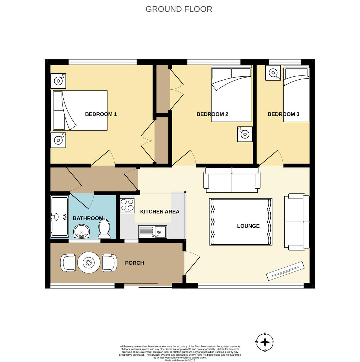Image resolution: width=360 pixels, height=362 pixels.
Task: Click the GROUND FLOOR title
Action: [x=179, y=9]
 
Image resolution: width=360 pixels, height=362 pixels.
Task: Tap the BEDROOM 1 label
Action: [x=101, y=114]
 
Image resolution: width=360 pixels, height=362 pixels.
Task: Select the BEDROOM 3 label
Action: [x=283, y=114]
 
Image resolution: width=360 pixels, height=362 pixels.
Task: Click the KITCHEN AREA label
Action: [x=160, y=212]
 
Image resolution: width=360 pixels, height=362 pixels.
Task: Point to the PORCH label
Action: [x=134, y=263]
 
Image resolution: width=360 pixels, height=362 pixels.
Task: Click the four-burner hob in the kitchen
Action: [x=127, y=205]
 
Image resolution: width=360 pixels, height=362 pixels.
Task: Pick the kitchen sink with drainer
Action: [x=152, y=232]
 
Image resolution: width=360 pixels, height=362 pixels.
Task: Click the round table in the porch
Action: [x=89, y=263]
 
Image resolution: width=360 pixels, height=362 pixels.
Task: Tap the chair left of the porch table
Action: [x=68, y=263]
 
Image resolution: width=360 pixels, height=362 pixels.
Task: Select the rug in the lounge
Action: [x=241, y=222]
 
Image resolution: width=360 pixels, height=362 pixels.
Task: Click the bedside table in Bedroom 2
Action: [x=244, y=134]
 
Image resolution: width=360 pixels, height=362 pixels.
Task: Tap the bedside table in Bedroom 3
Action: [x=273, y=73]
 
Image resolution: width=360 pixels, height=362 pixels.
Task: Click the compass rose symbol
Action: [x=265, y=342]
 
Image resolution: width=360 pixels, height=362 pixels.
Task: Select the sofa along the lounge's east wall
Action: [x=297, y=222]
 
